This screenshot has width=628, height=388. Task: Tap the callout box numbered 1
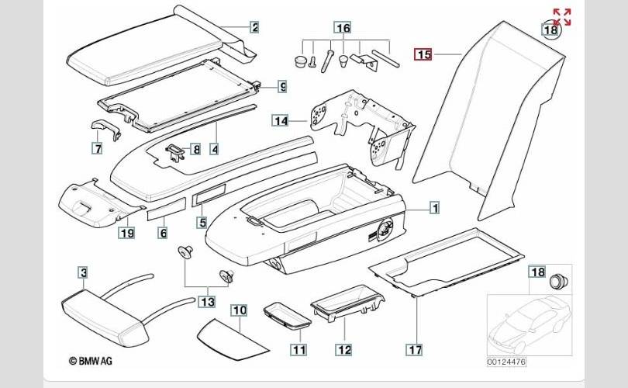tap(435, 208)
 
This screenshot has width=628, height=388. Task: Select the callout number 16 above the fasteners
tap(342, 27)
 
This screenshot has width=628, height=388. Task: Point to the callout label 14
tap(280, 120)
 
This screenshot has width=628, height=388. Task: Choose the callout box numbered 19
tap(126, 231)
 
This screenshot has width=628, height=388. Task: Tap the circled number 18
tap(550, 30)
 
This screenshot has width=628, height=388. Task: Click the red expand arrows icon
tap(562, 17)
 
